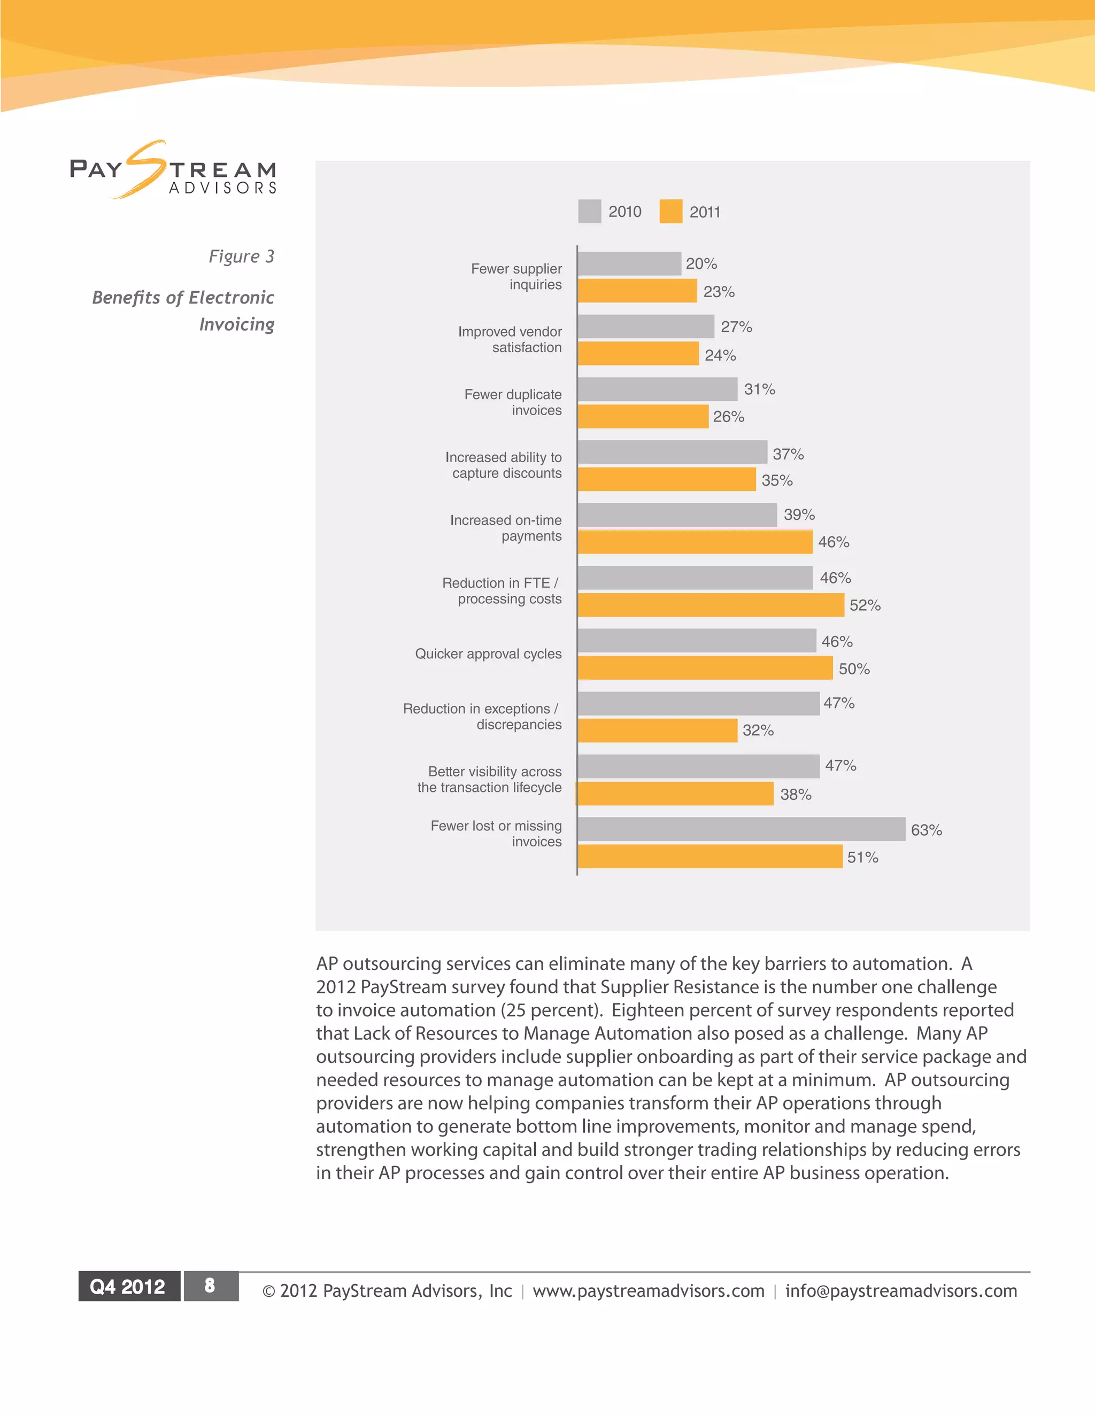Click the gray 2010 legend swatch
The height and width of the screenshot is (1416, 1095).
point(590,212)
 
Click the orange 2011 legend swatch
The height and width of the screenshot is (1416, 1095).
point(671,212)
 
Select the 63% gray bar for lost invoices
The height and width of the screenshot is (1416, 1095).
point(741,829)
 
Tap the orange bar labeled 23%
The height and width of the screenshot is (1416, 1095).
point(637,291)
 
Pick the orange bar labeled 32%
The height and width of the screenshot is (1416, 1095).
point(657,730)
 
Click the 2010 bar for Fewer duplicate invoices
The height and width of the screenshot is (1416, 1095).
point(657,389)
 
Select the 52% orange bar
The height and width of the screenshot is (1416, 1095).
point(711,605)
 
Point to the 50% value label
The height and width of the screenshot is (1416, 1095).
point(854,669)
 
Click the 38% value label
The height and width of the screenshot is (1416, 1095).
point(795,794)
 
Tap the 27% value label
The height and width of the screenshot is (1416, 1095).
point(736,327)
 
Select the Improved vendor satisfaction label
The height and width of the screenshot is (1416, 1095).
point(510,339)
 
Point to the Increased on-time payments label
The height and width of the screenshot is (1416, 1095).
point(506,528)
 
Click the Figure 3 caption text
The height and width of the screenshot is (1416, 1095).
point(241,256)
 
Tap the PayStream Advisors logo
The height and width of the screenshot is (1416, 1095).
point(173,170)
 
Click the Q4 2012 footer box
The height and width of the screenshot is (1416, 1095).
point(128,1286)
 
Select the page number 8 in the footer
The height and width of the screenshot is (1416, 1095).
point(210,1286)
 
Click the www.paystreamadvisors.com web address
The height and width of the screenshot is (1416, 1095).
point(648,1291)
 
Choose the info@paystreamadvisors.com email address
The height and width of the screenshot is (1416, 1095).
point(900,1291)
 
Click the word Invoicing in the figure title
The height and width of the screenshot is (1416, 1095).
point(237,324)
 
